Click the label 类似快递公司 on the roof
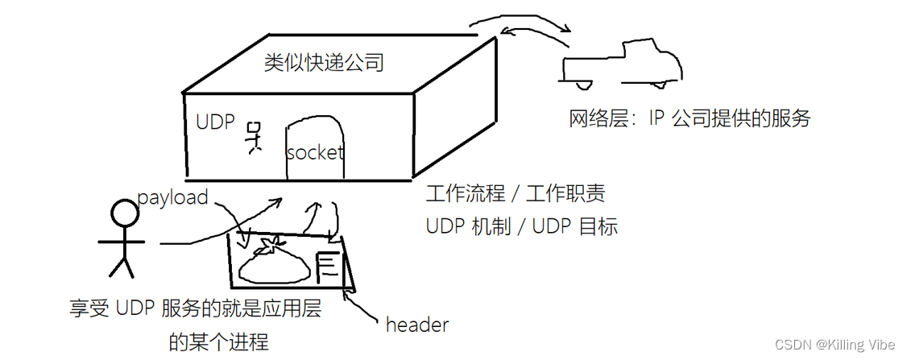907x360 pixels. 324,63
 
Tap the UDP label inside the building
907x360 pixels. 215,122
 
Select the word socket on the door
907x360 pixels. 315,152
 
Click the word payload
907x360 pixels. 172,197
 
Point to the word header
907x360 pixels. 416,325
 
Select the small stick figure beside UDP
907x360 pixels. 255,137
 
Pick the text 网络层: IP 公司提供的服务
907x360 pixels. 689,119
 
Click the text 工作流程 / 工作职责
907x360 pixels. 516,194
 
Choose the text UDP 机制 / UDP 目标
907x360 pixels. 521,227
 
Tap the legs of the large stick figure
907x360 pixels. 122,267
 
